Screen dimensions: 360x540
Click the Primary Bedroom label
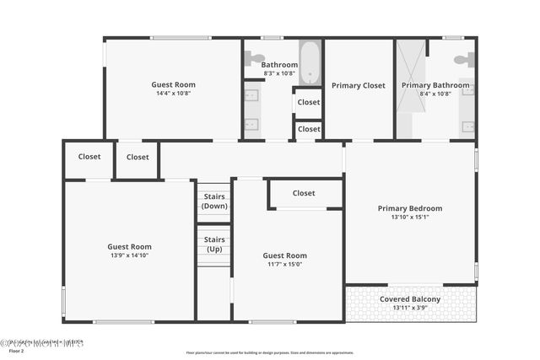[410, 208]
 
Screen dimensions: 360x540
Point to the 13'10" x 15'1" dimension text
[410, 218]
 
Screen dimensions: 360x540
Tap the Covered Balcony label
[410, 299]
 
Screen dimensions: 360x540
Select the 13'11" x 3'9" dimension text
[410, 308]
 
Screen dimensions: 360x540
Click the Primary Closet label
[358, 85]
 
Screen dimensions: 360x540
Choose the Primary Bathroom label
[435, 85]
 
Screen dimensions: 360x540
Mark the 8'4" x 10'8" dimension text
[435, 94]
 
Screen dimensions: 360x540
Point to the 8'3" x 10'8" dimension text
[279, 73]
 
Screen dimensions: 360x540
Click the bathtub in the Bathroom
[310, 63]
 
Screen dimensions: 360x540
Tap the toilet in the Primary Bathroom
[463, 60]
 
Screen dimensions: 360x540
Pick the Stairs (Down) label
[214, 201]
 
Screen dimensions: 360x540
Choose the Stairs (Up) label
[214, 244]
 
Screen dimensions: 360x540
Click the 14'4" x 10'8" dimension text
[173, 94]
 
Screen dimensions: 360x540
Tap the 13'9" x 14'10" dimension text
[129, 255]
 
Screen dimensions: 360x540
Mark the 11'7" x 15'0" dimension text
[284, 265]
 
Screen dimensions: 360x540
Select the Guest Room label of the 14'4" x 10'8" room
[173, 84]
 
